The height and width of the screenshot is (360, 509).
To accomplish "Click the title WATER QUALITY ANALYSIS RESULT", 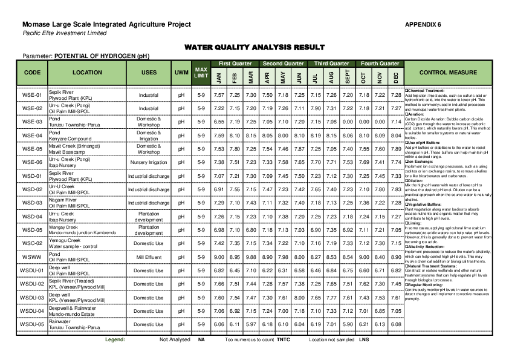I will click(254, 47).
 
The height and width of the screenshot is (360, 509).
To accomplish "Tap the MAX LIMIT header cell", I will click(201, 72).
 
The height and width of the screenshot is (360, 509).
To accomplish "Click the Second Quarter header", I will click(283, 63).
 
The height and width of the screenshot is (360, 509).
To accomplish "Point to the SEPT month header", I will click(347, 77).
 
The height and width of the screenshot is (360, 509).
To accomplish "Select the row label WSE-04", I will click(32, 136).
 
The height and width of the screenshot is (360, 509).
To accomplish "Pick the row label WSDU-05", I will click(32, 324).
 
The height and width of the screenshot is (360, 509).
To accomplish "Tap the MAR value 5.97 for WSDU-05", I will click(250, 324).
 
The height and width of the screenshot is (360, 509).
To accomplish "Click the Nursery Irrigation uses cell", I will click(149, 162).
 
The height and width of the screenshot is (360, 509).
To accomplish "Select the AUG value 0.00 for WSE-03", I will click(331, 122).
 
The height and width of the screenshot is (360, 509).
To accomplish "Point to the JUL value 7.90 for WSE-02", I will click(315, 108).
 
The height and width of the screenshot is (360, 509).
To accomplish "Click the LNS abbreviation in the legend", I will click(364, 339).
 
